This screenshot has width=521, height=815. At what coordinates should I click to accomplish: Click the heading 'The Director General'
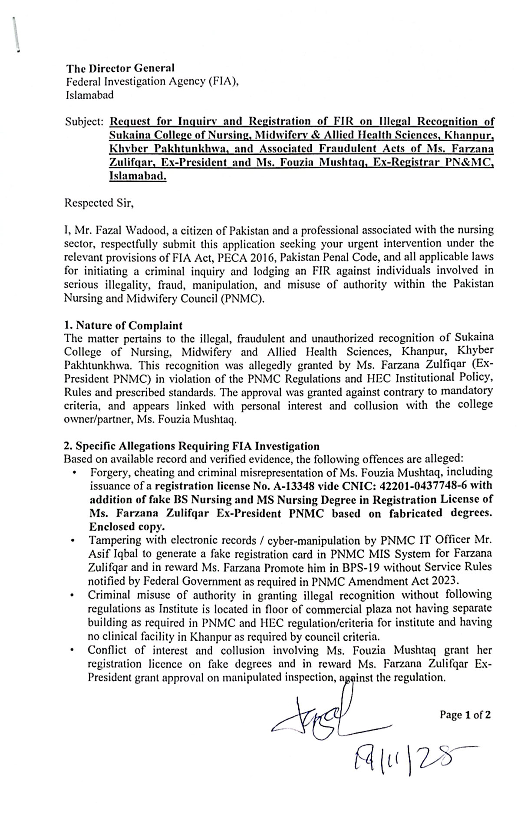click(x=120, y=68)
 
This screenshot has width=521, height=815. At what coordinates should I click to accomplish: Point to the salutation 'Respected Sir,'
click(x=98, y=203)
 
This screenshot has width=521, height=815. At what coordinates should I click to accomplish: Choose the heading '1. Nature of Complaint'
click(x=123, y=325)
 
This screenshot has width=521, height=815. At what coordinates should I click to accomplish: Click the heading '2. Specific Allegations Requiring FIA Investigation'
click(x=191, y=446)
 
